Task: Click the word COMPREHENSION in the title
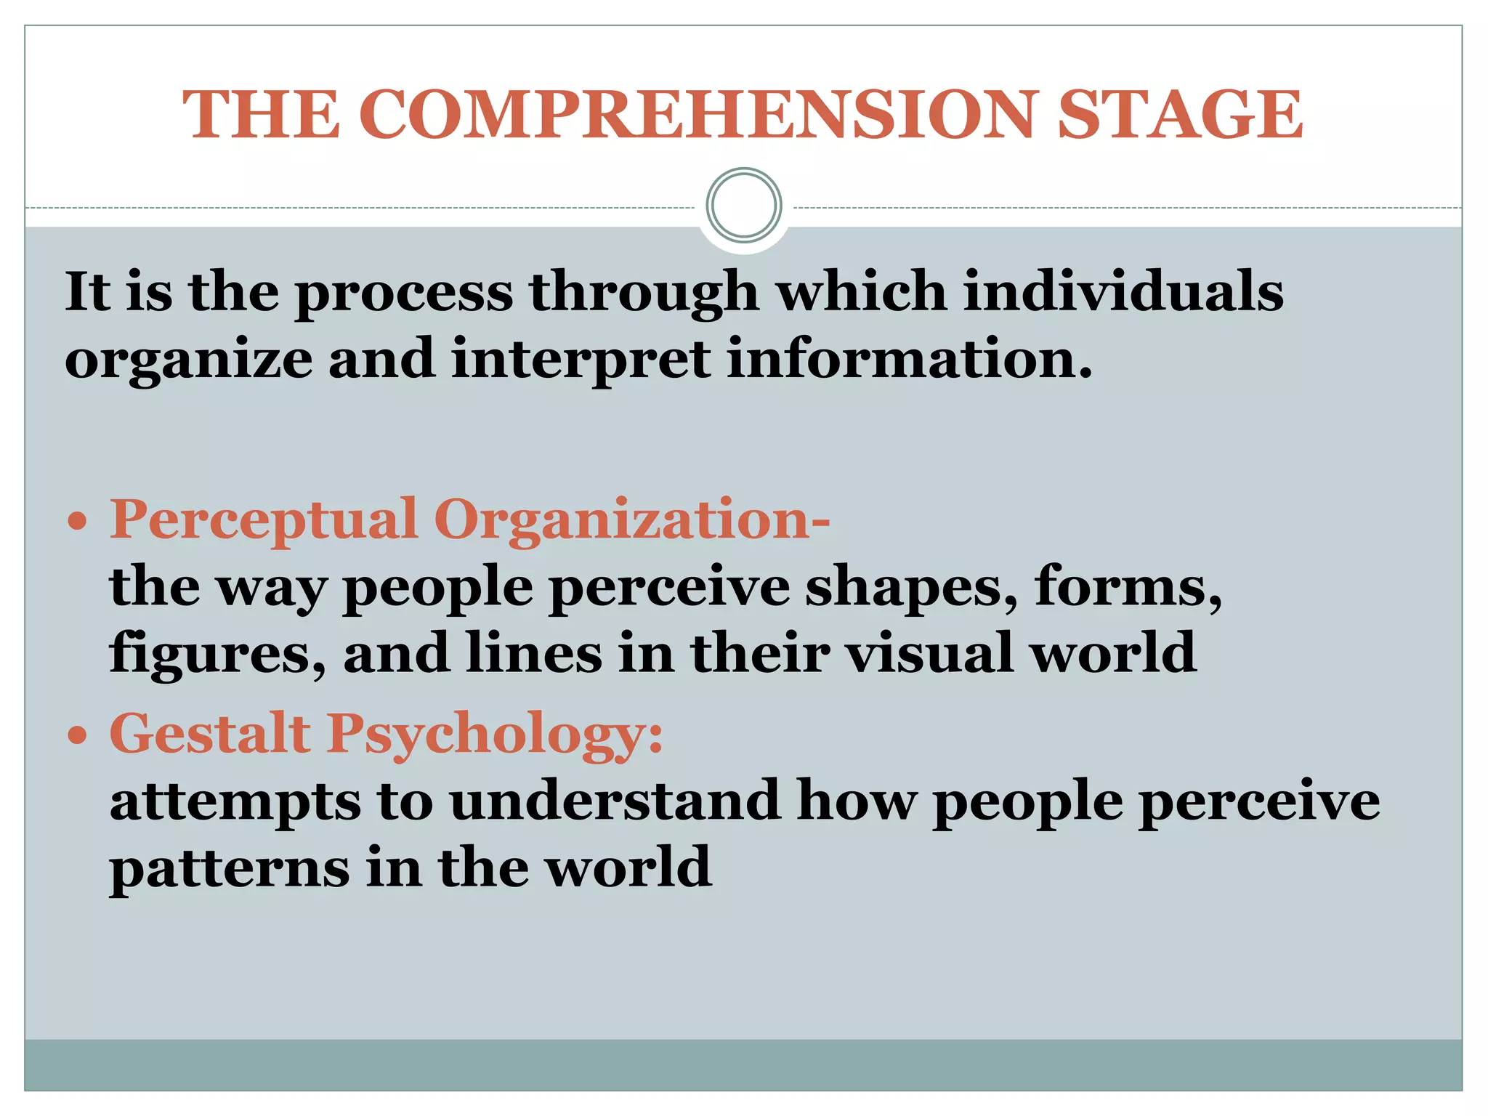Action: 697,115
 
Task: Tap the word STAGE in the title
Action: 1180,115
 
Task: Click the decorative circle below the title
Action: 744,206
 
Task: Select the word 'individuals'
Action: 1123,292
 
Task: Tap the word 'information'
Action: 909,360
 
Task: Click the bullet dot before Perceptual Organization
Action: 77,522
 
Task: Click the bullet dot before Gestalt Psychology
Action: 77,736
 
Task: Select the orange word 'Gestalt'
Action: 210,734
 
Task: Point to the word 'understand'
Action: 615,801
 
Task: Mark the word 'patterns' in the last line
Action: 230,869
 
